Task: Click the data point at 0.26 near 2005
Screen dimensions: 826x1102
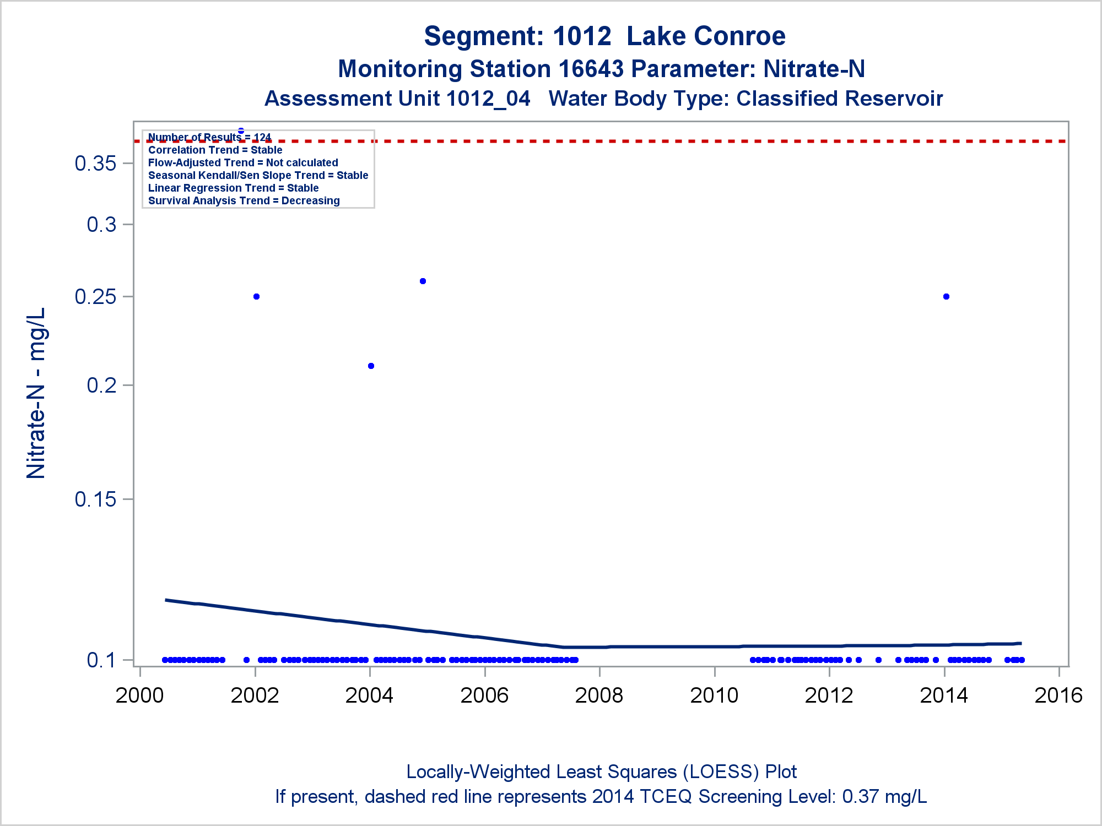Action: click(423, 281)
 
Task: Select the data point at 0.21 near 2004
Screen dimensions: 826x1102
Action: click(371, 366)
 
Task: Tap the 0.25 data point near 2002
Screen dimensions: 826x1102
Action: click(256, 297)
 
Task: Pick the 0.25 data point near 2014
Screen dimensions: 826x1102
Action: click(946, 297)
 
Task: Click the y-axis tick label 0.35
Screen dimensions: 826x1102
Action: click(95, 164)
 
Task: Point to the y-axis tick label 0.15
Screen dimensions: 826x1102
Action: click(95, 499)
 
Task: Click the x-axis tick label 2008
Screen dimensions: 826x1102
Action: click(599, 695)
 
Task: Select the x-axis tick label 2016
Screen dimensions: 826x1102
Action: click(1058, 695)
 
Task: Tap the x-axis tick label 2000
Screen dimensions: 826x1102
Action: click(139, 695)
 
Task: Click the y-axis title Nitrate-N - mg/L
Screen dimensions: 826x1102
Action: click(36, 393)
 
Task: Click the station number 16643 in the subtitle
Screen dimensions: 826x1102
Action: click(591, 69)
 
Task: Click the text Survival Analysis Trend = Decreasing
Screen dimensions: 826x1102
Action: click(244, 201)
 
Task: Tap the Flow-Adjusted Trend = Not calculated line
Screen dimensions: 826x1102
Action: click(243, 163)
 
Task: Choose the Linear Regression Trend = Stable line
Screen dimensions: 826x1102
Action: click(233, 188)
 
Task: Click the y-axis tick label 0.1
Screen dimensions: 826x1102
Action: click(101, 660)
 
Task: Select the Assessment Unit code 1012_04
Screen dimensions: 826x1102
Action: click(488, 99)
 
